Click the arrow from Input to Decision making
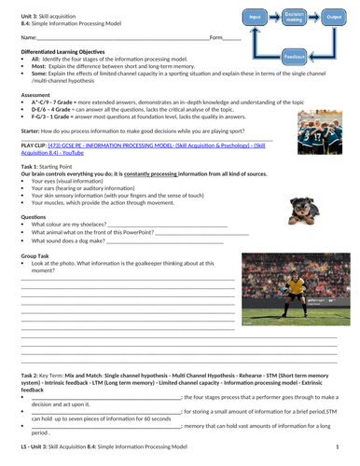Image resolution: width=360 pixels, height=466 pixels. click(x=273, y=18)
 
